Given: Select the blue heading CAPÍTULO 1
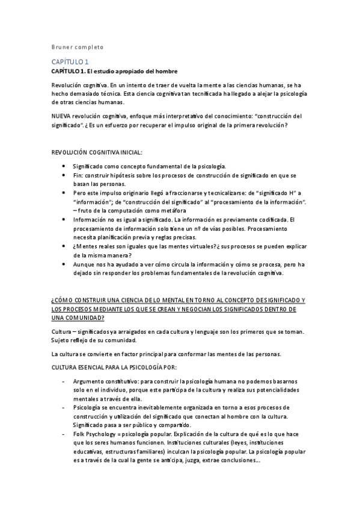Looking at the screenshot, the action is [71, 61].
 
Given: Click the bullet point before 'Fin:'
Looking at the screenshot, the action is [64, 174].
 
